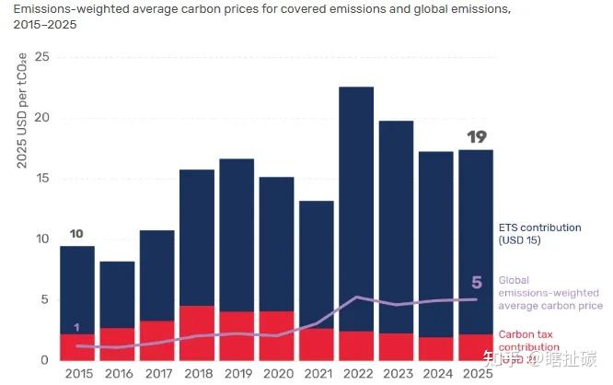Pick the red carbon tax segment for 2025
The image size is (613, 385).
[475, 347]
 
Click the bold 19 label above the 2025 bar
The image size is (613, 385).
[476, 137]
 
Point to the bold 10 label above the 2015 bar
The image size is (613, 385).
[77, 233]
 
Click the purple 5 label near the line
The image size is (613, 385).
[476, 282]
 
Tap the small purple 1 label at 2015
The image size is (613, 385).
[76, 328]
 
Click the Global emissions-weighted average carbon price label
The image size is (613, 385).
[550, 293]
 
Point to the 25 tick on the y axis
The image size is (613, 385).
[40, 57]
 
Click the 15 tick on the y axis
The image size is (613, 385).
[40, 179]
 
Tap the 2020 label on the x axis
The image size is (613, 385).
[276, 374]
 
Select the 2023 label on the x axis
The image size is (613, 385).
[396, 374]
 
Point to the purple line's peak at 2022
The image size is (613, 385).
[356, 297]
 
